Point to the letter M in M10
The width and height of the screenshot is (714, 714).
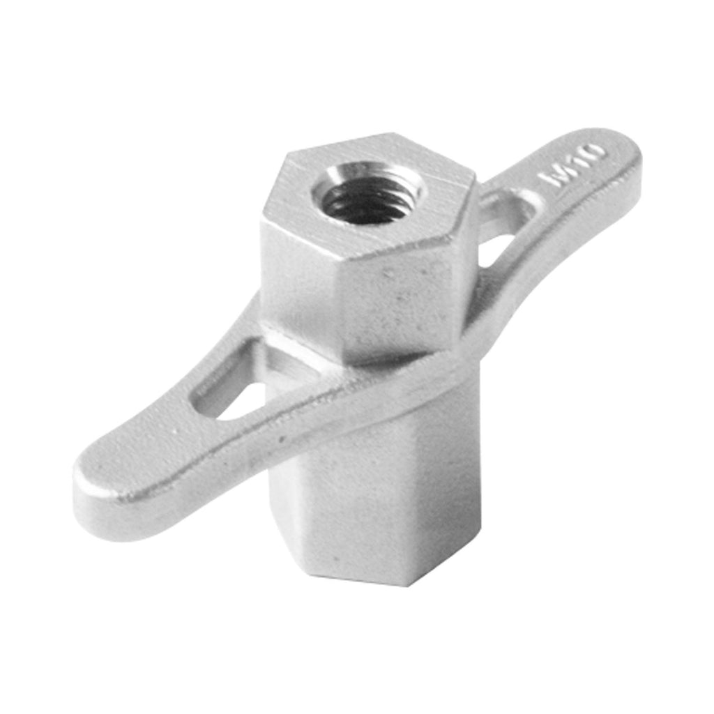point(554,179)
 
